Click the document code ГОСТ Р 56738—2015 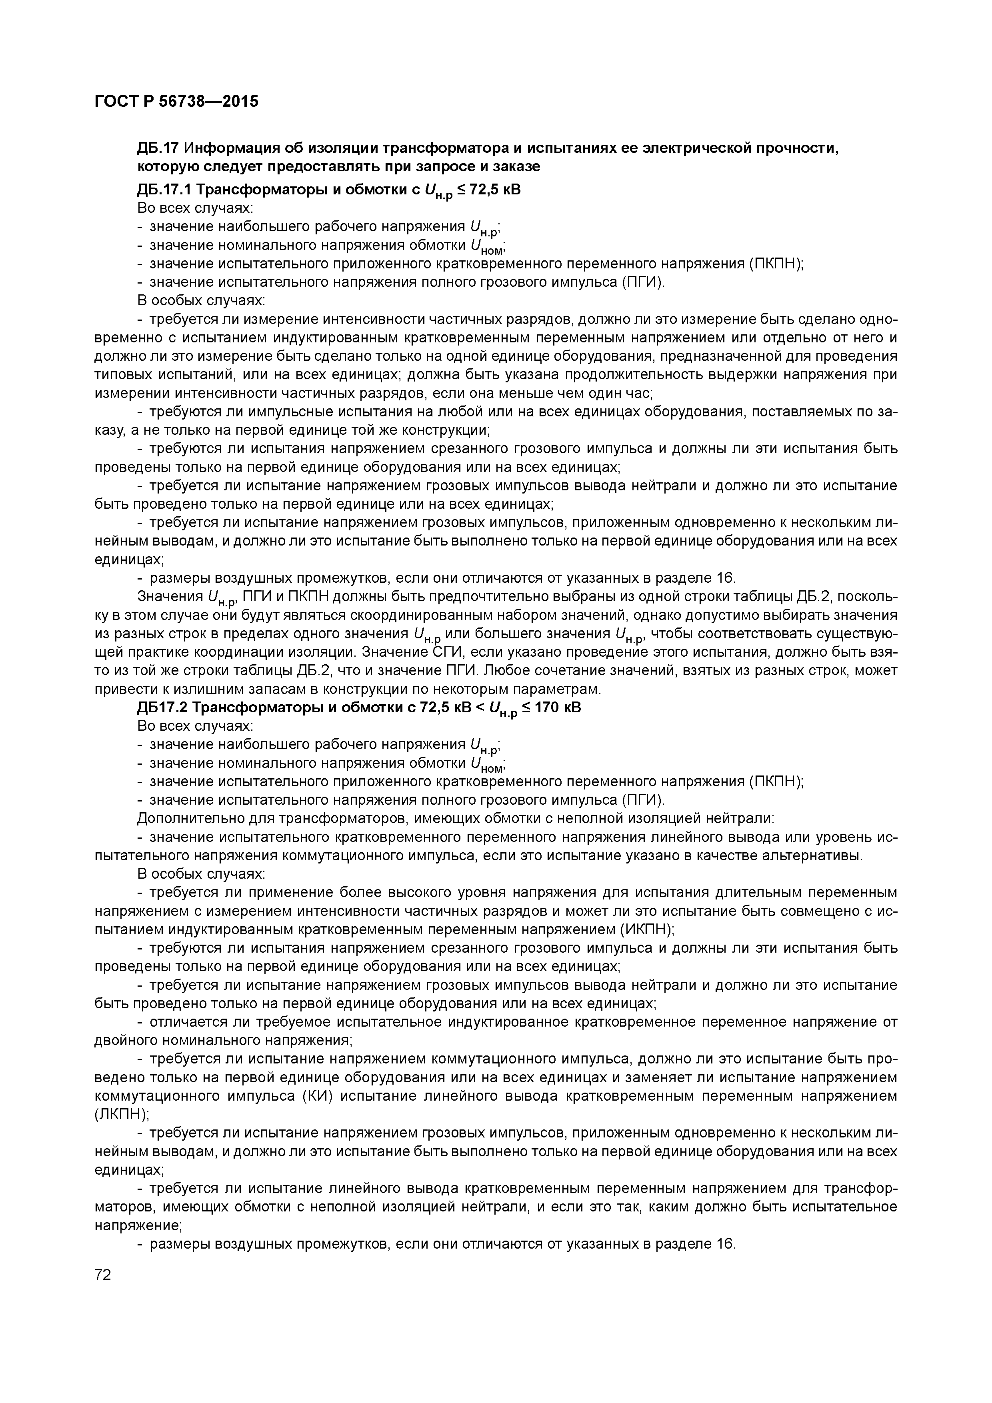(176, 101)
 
